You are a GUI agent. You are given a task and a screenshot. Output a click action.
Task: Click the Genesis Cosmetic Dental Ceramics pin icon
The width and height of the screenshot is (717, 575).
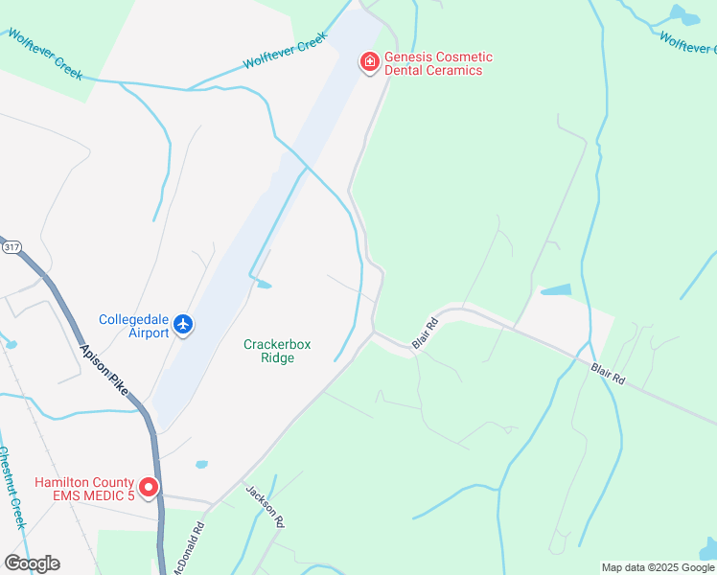(368, 62)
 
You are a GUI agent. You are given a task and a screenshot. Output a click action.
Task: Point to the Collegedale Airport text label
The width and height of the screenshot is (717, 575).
(134, 326)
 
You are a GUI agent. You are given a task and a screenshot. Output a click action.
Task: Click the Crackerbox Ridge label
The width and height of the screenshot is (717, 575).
(277, 351)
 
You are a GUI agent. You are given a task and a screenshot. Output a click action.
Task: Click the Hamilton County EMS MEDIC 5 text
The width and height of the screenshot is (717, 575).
(84, 489)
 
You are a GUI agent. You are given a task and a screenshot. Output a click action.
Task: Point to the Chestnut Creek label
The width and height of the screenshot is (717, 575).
(11, 488)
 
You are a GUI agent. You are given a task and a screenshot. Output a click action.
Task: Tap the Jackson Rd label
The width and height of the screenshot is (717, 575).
(266, 505)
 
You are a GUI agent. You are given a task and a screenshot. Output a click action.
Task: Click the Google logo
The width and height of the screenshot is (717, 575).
(32, 563)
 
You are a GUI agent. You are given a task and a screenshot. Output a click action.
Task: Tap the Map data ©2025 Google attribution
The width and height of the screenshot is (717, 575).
(658, 567)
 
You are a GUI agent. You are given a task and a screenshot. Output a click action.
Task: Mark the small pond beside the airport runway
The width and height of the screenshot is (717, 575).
(263, 284)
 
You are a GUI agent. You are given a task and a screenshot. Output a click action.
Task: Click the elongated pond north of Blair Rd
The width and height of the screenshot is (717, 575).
(555, 289)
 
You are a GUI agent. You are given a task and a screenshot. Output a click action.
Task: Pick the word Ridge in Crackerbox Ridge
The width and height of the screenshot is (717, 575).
(277, 358)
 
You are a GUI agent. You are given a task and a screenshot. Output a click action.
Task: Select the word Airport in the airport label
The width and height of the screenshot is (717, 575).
(150, 333)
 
